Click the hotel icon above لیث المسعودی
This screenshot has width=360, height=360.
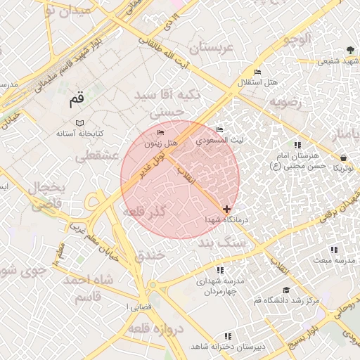pyautogui.click(x=220, y=129)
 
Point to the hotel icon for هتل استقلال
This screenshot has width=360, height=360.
pyautogui.click(x=257, y=72)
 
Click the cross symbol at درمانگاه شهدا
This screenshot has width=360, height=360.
pyautogui.click(x=226, y=209)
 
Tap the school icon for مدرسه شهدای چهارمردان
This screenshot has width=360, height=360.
pyautogui.click(x=220, y=269)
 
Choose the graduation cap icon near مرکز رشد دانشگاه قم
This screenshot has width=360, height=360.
pyautogui.click(x=285, y=290)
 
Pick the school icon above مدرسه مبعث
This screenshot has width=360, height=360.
pyautogui.click(x=334, y=250)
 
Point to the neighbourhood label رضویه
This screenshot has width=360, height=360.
pyautogui.click(x=285, y=102)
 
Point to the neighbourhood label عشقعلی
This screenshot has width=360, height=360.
pyautogui.click(x=99, y=157)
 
